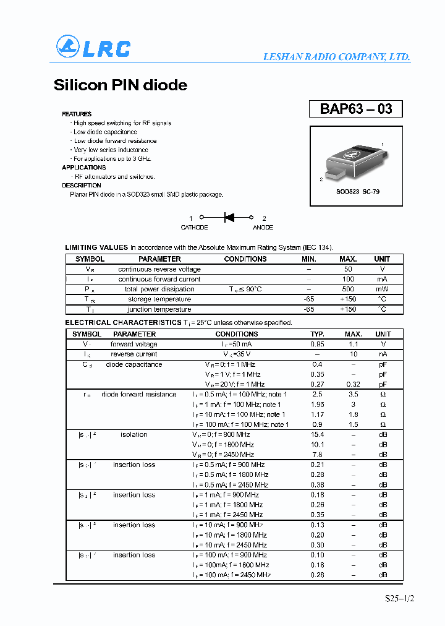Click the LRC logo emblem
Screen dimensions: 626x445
click(68, 47)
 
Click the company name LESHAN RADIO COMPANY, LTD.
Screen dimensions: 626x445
click(336, 56)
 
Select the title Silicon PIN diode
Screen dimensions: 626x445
click(121, 85)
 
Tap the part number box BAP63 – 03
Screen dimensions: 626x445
click(355, 109)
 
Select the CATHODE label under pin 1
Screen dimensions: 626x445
click(194, 228)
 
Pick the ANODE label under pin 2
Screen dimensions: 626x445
click(263, 228)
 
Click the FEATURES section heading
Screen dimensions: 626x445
click(77, 114)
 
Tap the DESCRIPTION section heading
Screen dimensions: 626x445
click(82, 186)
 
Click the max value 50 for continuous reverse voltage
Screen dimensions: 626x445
click(348, 269)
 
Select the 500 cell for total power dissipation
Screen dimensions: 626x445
click(348, 289)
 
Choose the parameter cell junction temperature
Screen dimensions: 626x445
click(159, 309)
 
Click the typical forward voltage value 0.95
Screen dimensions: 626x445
click(317, 344)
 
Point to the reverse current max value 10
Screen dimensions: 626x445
click(354, 354)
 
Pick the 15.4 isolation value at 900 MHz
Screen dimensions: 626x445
click(317, 434)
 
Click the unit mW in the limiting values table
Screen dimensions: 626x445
click(382, 289)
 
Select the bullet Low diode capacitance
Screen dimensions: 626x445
click(105, 132)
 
